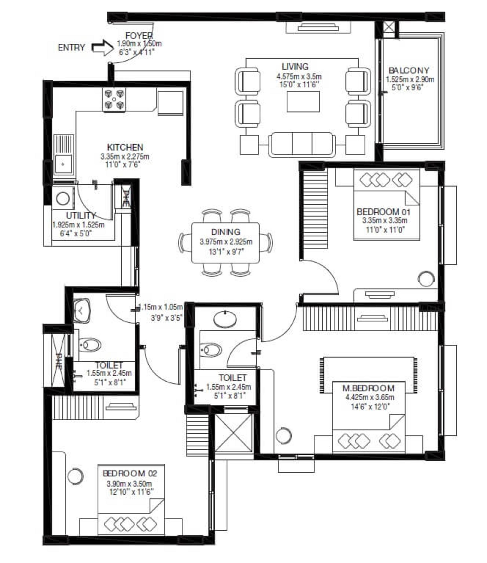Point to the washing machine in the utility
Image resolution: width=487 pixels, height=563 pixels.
pos(63,199)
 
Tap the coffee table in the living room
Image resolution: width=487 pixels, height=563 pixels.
pos(303,102)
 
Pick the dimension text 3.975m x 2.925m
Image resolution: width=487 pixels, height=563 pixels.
pos(226,242)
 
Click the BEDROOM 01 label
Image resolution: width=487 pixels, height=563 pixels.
pos(383,212)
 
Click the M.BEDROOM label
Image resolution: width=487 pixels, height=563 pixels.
pos(368,388)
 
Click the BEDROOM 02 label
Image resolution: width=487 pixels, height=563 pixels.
pos(130,473)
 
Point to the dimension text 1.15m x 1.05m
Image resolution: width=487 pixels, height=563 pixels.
pos(160,307)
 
